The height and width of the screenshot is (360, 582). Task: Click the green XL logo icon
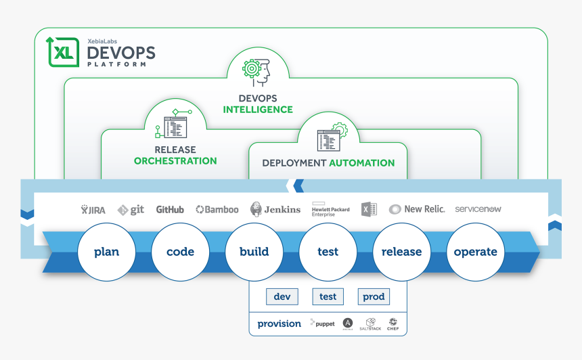click(x=62, y=52)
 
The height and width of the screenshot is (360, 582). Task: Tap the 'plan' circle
click(x=106, y=252)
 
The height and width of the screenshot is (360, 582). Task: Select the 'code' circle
click(x=180, y=252)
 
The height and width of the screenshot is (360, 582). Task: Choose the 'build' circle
click(x=254, y=252)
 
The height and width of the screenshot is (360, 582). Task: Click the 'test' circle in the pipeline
click(x=328, y=252)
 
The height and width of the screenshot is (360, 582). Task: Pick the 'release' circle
click(x=401, y=252)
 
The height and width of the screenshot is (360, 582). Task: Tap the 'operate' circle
click(x=475, y=252)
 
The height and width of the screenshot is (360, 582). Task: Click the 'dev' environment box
click(x=282, y=296)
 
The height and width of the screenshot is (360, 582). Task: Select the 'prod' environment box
click(x=374, y=296)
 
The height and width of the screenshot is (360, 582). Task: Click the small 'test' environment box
click(x=328, y=296)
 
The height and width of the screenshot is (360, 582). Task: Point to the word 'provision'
click(x=279, y=324)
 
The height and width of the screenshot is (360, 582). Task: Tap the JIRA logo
click(x=93, y=210)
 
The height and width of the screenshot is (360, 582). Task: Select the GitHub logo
click(x=170, y=210)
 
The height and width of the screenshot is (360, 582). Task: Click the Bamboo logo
click(x=217, y=210)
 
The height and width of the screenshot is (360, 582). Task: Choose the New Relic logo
click(x=417, y=209)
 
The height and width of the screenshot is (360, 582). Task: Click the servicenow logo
click(x=478, y=209)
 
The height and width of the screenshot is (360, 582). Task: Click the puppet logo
click(x=322, y=324)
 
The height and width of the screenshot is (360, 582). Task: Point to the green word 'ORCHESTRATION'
click(x=175, y=161)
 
